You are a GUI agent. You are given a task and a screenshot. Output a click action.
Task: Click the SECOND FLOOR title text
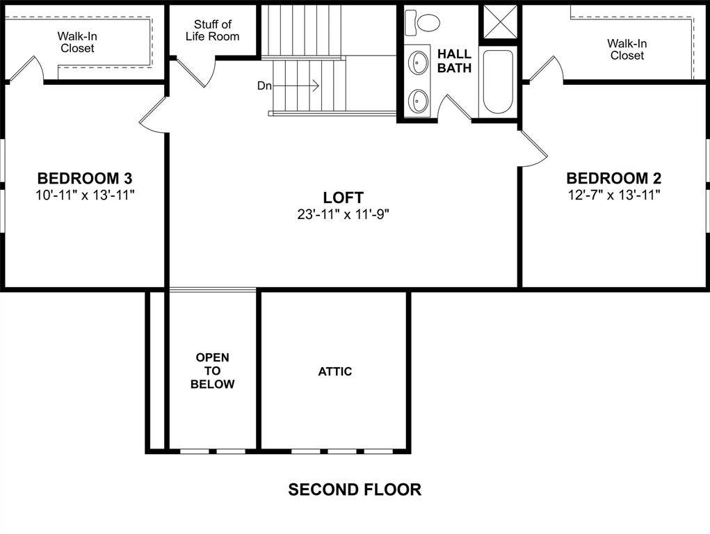pyautogui.click(x=355, y=489)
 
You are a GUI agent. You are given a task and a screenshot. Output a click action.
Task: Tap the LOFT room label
pyautogui.click(x=343, y=197)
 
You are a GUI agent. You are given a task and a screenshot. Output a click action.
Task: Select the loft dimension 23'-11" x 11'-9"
pyautogui.click(x=343, y=215)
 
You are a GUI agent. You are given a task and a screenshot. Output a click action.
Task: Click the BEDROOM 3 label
pyautogui.click(x=85, y=177)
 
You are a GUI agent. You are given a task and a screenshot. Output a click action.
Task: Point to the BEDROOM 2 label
pyautogui.click(x=613, y=177)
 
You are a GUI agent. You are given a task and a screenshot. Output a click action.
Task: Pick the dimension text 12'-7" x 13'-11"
pyautogui.click(x=613, y=195)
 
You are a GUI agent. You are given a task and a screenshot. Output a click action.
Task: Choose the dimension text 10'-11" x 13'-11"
pyautogui.click(x=85, y=195)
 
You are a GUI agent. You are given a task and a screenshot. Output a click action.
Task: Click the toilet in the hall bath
pyautogui.click(x=423, y=22)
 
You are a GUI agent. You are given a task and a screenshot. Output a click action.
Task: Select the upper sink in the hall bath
pyautogui.click(x=419, y=62)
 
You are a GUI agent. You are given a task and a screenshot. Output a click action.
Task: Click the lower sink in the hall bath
pyautogui.click(x=419, y=100)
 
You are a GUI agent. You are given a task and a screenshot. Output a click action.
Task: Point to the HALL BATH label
pyautogui.click(x=454, y=60)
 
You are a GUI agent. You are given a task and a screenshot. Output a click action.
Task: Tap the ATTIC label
pyautogui.click(x=335, y=371)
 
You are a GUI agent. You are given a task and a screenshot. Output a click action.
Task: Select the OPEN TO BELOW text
pyautogui.click(x=212, y=371)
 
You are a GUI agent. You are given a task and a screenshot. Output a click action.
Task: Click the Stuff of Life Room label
pyautogui.click(x=212, y=30)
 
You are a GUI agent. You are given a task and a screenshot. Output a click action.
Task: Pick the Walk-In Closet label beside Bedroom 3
pyautogui.click(x=77, y=42)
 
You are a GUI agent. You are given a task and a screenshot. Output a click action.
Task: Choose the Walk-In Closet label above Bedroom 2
pyautogui.click(x=627, y=49)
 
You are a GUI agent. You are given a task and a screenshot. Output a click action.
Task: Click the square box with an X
pyautogui.click(x=501, y=22)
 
